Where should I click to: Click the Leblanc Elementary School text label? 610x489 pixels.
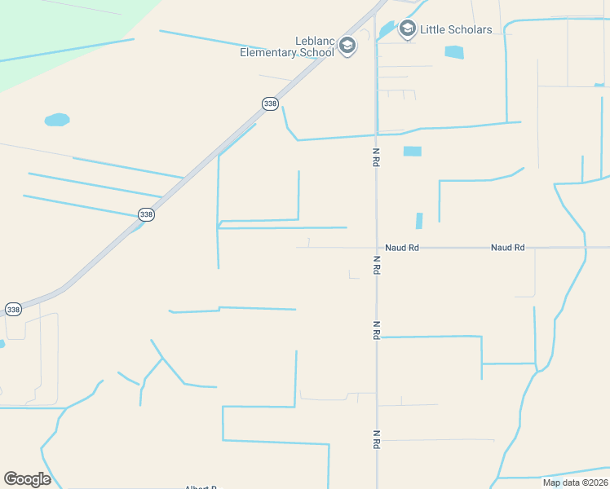click(287, 47)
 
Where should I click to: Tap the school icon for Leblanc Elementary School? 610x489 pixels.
click(348, 46)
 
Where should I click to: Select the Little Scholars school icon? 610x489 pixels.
click(407, 29)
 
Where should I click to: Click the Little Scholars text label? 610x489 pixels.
click(456, 29)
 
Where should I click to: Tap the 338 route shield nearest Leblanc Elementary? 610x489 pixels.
click(270, 104)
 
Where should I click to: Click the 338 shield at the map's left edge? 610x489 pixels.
click(13, 310)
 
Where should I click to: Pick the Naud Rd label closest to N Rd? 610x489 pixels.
click(401, 247)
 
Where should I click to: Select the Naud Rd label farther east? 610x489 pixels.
click(507, 247)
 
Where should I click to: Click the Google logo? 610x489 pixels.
click(27, 479)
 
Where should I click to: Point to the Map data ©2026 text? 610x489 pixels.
click(575, 482)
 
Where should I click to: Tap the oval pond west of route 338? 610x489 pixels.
click(57, 120)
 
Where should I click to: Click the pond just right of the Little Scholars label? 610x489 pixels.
click(453, 52)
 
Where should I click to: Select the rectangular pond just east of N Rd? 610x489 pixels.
click(413, 151)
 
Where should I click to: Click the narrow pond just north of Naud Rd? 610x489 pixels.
click(419, 221)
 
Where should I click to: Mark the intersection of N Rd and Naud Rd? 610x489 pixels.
click(376, 247)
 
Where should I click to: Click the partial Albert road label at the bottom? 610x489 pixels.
click(201, 487)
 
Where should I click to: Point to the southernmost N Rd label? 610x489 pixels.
click(376, 439)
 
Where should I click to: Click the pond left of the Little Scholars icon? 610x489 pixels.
click(386, 30)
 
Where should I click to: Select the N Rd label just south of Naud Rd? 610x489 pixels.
click(376, 265)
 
